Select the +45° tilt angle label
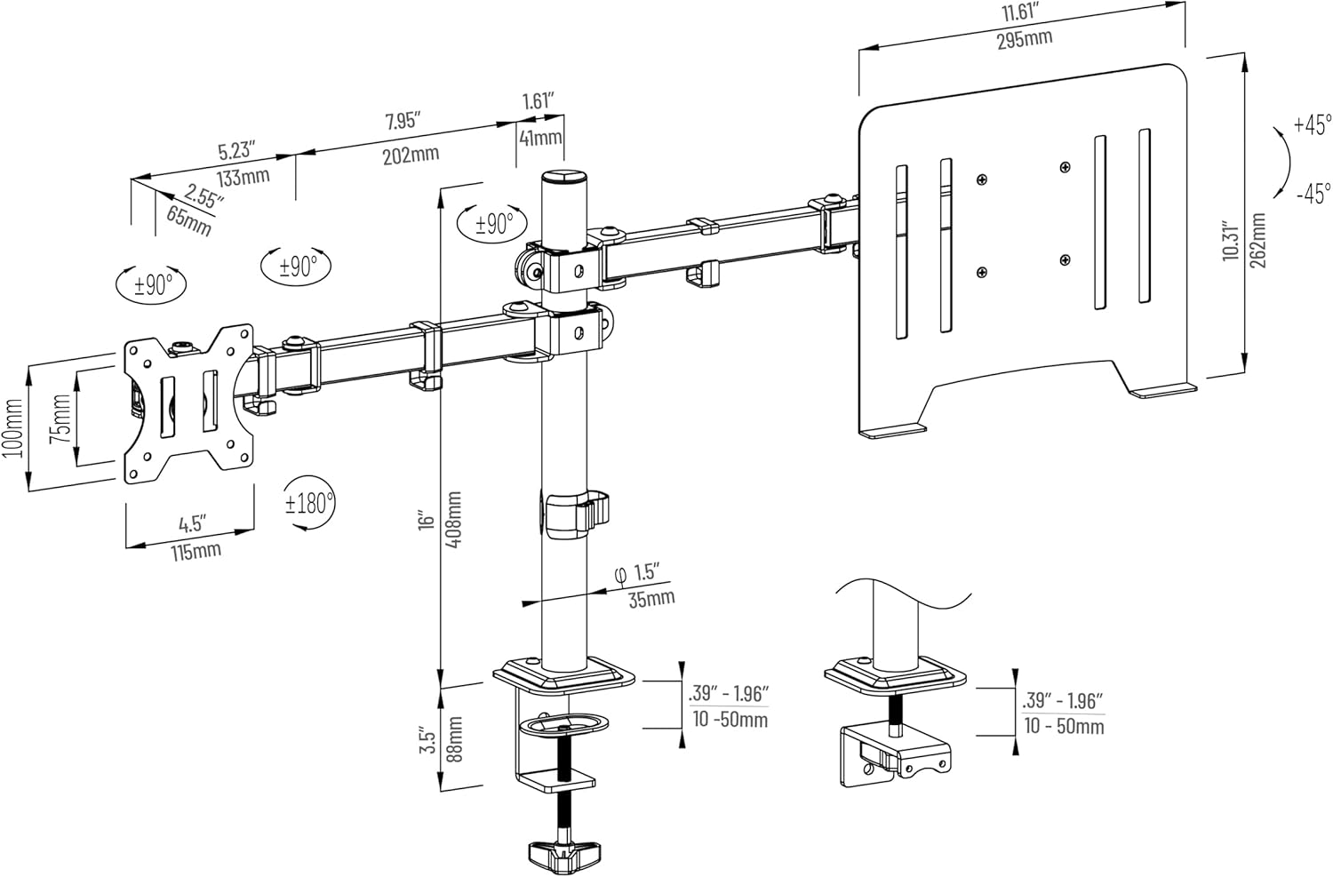[1313, 124]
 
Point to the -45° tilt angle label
[1313, 191]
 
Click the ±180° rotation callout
[308, 503]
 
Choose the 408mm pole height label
[454, 519]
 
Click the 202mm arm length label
[411, 155]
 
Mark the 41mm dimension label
[540, 137]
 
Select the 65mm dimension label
[188, 219]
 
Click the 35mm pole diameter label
[651, 599]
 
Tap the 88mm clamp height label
[454, 737]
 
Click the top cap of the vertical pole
[564, 178]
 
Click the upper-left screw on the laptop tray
[981, 180]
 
